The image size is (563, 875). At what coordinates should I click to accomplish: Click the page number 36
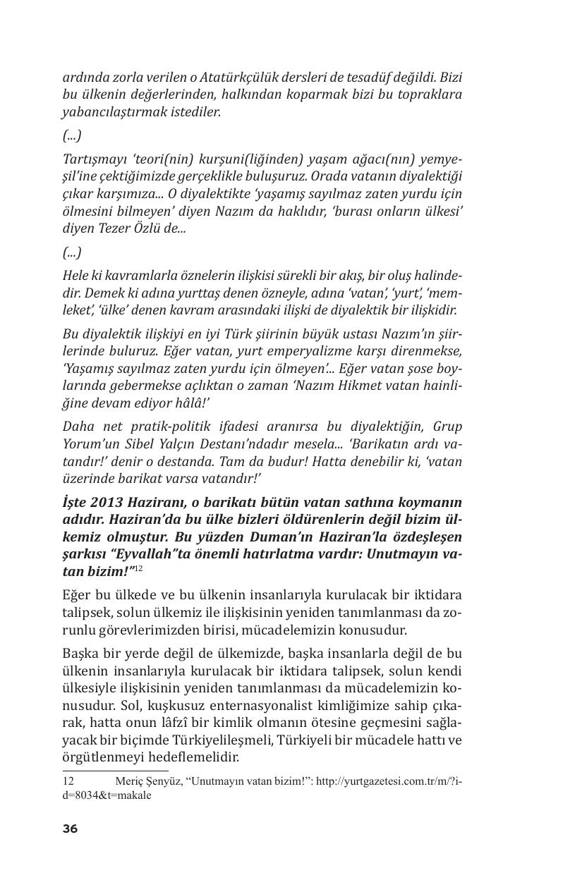70,829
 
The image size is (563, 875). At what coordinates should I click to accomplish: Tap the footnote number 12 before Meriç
68,781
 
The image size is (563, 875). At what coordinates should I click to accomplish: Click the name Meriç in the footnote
130,781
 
